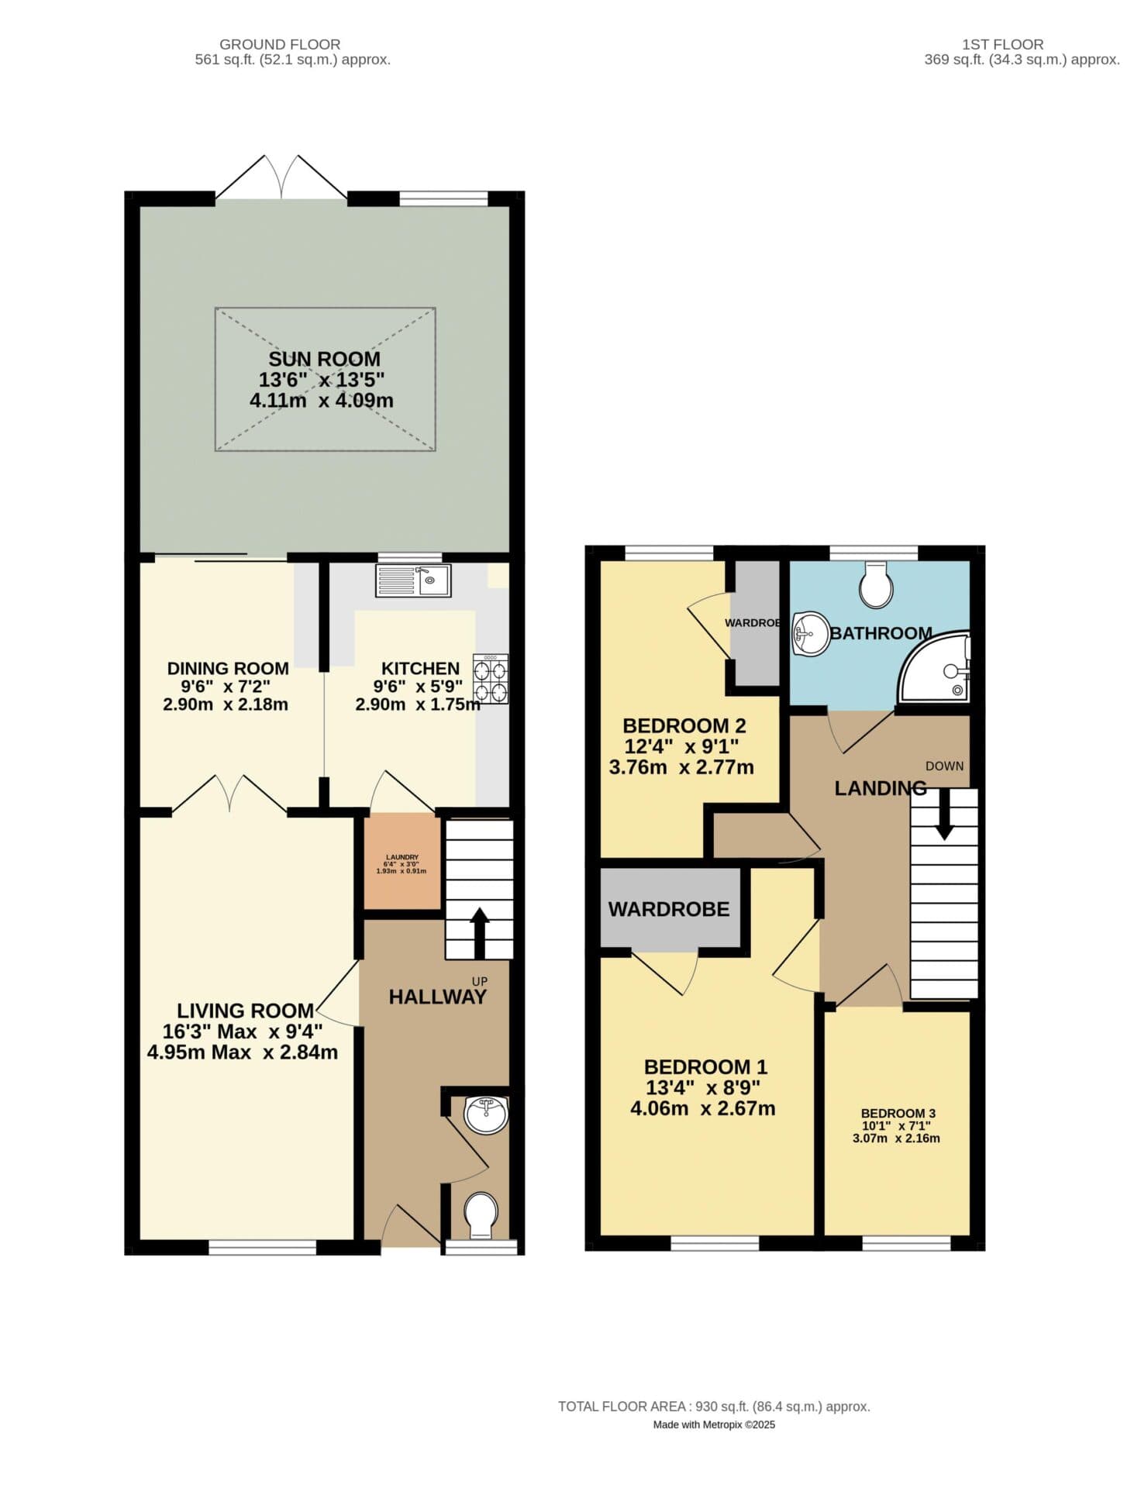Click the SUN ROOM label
point(324,359)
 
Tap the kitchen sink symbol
point(413,580)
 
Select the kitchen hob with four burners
point(491,679)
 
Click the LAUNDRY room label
point(402,857)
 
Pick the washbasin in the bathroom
point(810,634)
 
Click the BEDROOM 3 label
point(898,1113)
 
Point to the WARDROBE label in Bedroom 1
point(669,909)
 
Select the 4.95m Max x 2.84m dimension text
point(243,1052)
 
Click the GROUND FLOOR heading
point(280,44)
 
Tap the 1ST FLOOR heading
point(1002,44)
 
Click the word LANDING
point(880,788)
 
